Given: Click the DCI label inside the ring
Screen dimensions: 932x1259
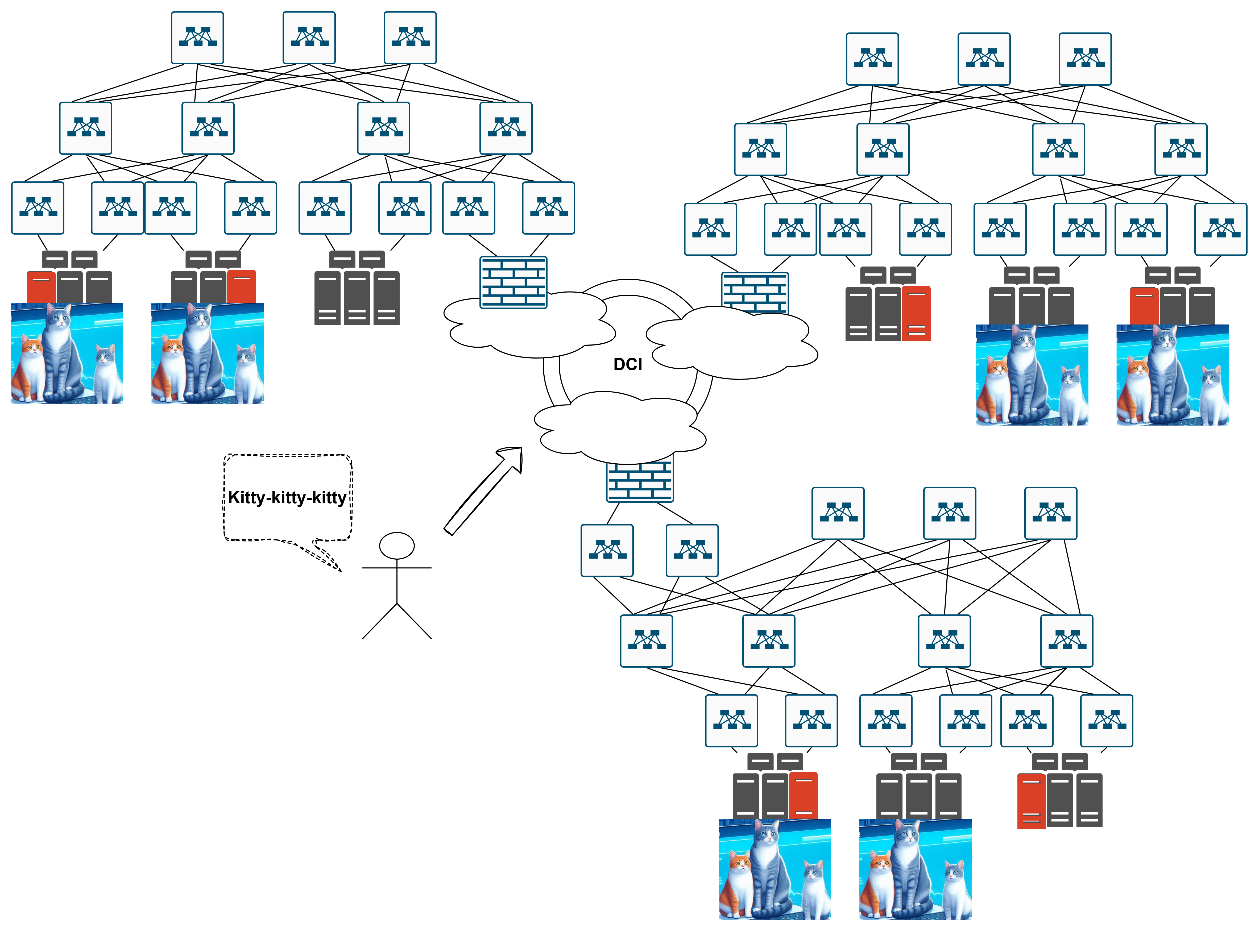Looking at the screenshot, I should click(628, 364).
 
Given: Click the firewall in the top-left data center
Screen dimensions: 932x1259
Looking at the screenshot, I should click(513, 282).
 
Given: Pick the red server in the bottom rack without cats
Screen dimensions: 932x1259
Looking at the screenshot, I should click(1031, 801).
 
